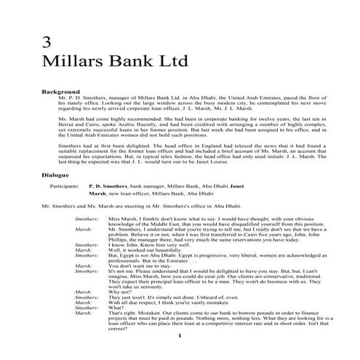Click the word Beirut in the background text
[68, 127]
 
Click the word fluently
[148, 127]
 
